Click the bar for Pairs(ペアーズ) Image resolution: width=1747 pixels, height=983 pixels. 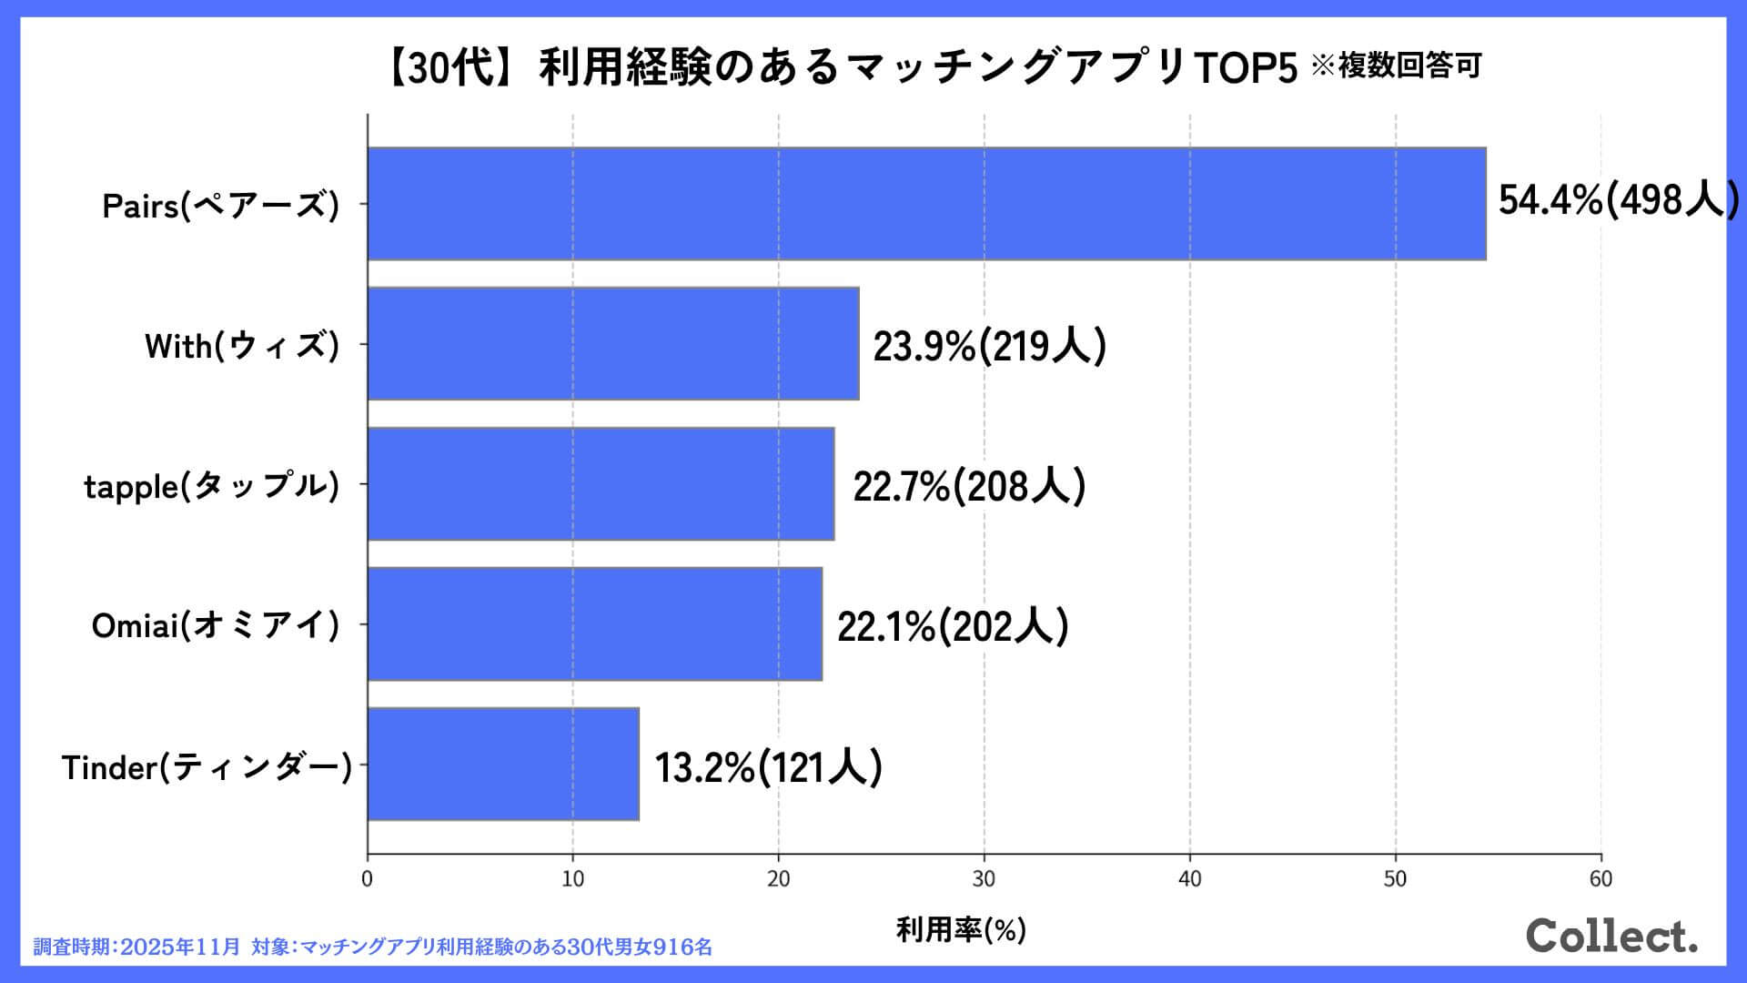click(926, 204)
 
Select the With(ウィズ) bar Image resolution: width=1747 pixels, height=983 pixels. click(613, 344)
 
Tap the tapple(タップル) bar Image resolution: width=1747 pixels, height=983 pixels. click(601, 484)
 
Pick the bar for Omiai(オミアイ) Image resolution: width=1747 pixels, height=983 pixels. click(595, 624)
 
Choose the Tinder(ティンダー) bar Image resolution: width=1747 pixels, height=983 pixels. click(503, 765)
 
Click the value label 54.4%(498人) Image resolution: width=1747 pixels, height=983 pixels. click(1618, 200)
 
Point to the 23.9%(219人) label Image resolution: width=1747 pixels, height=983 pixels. click(989, 347)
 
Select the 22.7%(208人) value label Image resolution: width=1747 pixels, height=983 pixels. click(969, 487)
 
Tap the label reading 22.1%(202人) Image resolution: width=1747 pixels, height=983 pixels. click(953, 627)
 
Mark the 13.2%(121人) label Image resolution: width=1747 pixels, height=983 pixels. click(768, 767)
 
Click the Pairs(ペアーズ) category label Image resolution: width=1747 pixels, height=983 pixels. click(220, 206)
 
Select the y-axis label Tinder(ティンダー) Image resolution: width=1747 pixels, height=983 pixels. click(207, 767)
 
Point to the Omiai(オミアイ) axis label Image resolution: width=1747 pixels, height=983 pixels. click(216, 626)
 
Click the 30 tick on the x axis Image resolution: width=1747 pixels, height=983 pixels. click(984, 879)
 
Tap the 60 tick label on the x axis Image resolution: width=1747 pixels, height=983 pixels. click(1601, 879)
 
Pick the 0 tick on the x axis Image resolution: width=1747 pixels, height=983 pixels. click(368, 879)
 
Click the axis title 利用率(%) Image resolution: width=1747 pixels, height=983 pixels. click(961, 929)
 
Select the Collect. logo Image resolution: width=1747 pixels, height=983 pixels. click(1611, 937)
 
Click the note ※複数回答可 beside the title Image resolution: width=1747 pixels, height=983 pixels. click(1396, 66)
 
